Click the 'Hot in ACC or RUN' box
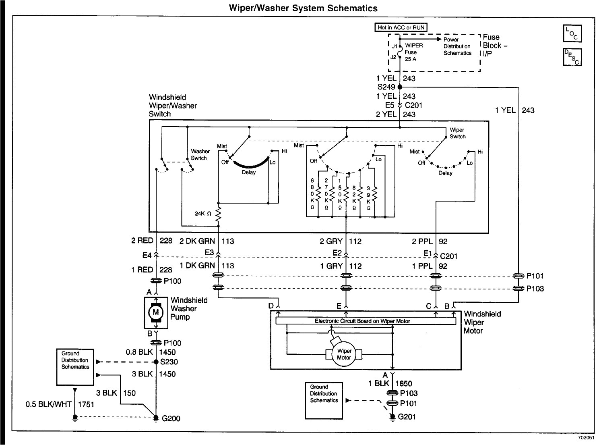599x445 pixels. tap(401, 27)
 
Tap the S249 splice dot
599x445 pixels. tap(399, 87)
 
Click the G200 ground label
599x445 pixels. tap(171, 418)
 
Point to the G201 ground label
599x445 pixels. tap(407, 417)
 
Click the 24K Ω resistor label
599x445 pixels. tap(203, 214)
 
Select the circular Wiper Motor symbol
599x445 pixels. tap(344, 354)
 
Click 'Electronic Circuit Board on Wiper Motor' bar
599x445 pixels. tap(366, 321)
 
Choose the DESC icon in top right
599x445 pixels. tap(572, 57)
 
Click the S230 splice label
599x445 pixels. tap(169, 362)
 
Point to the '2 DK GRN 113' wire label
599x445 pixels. tap(207, 241)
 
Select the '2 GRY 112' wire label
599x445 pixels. tap(341, 241)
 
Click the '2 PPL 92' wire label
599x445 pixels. tap(429, 241)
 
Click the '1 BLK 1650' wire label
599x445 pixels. tap(390, 383)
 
